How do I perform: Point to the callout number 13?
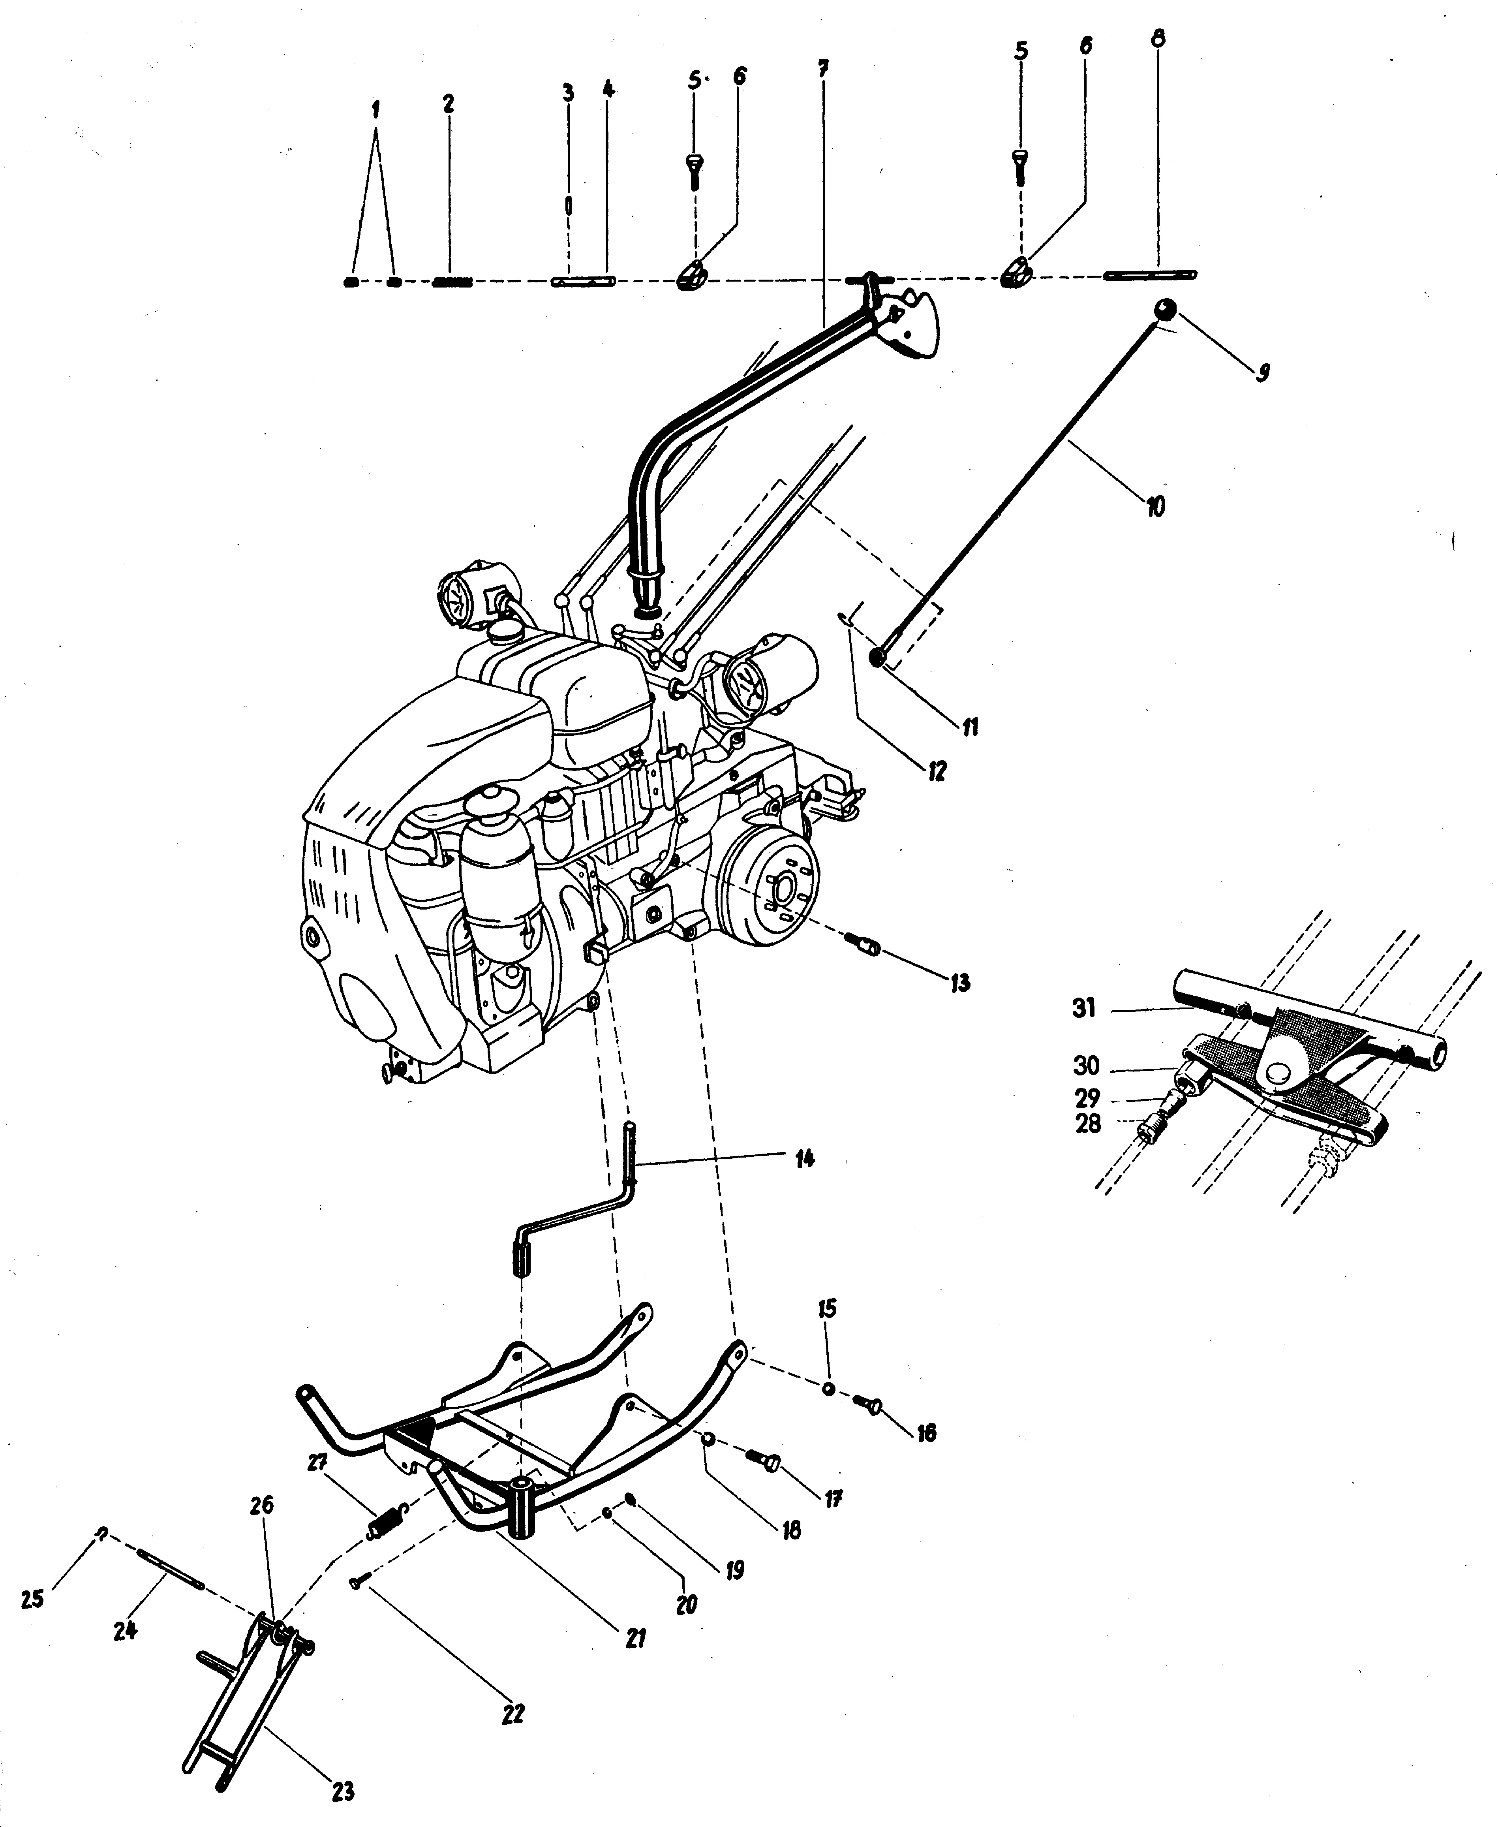click(959, 982)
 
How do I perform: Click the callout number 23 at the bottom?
click(343, 1786)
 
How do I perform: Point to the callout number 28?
click(1088, 1124)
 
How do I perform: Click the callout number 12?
click(936, 770)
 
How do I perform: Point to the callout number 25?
click(33, 1599)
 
